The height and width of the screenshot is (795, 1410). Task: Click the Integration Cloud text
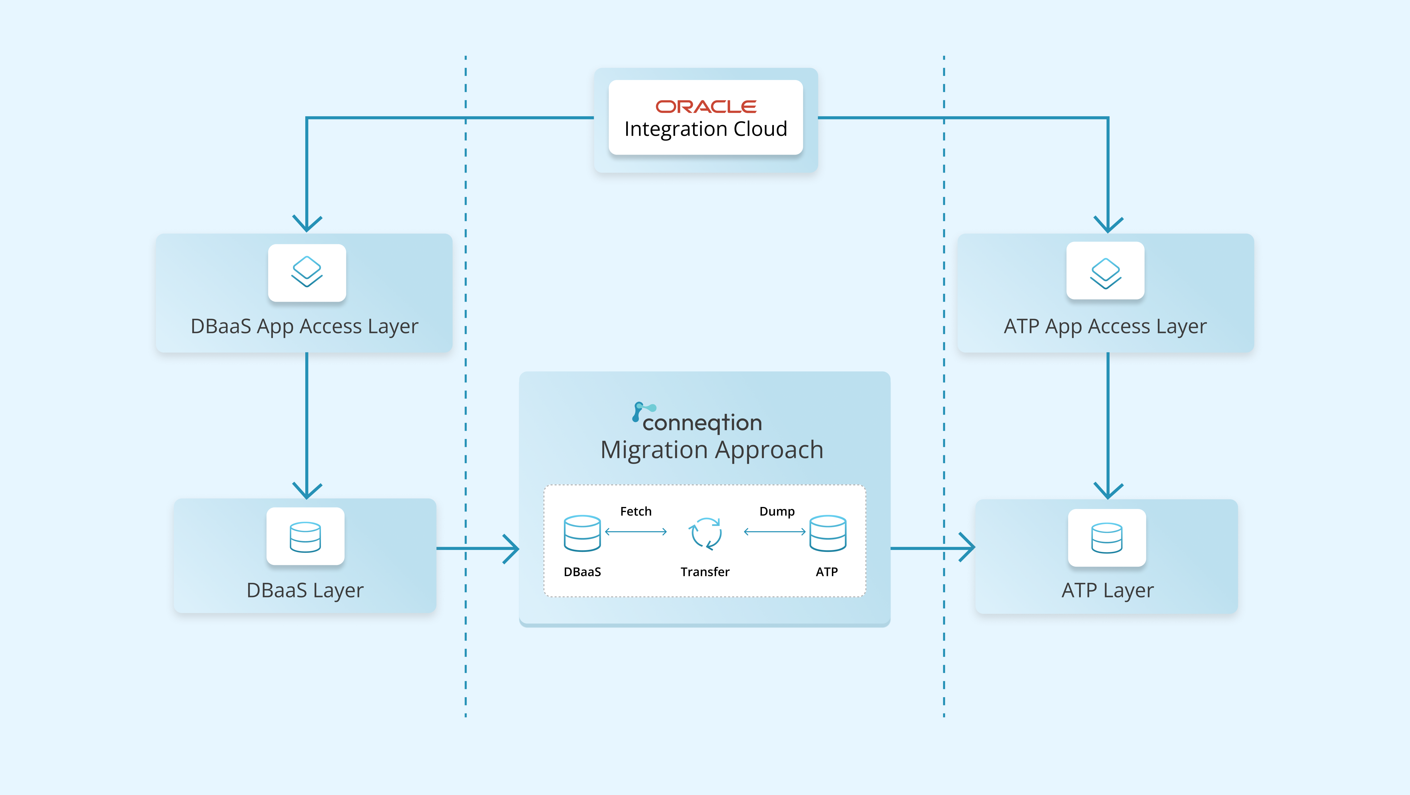(706, 129)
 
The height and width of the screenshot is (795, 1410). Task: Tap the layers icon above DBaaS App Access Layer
(306, 272)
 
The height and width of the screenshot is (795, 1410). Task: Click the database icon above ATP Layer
(1106, 538)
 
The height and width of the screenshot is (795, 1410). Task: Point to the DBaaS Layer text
(305, 590)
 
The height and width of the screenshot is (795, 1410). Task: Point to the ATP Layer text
(1107, 590)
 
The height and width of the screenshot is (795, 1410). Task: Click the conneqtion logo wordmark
(698, 420)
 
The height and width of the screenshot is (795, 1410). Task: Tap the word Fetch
(636, 512)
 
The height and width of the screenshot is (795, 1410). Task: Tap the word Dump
(777, 512)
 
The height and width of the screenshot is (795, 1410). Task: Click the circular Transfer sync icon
(706, 533)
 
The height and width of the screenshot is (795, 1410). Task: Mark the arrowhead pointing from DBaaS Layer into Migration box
(512, 548)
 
